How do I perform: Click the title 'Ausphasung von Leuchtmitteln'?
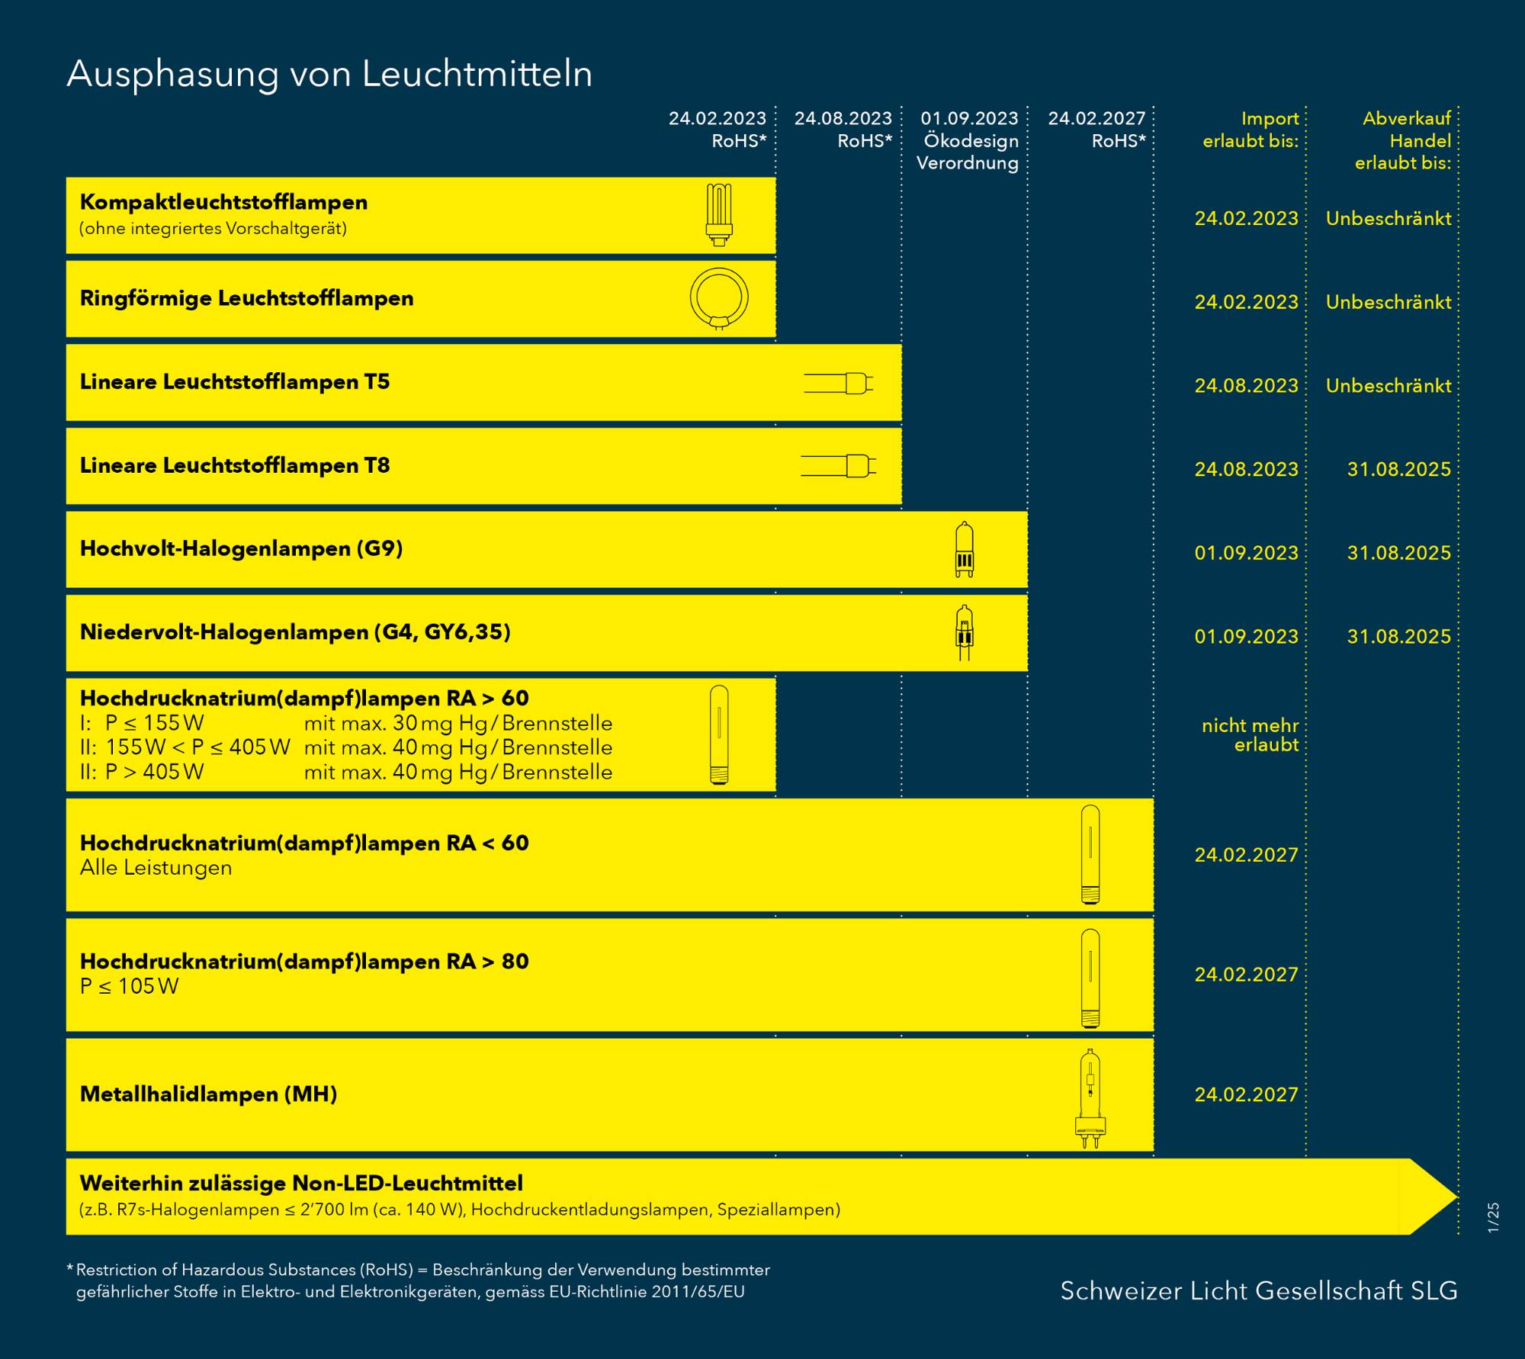coord(329,75)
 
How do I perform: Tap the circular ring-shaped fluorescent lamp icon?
coord(719,298)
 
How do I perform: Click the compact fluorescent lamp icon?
coord(718,214)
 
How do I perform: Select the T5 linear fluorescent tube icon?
coord(838,383)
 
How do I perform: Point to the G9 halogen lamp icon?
coord(965,549)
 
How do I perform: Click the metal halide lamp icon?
coord(1090,1097)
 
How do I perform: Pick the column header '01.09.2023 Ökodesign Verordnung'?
coord(968,140)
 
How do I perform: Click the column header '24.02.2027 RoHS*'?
coord(1096,129)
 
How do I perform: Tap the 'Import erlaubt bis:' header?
coord(1250,129)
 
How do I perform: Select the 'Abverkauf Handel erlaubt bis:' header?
coord(1403,140)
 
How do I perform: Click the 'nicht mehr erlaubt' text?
coord(1250,734)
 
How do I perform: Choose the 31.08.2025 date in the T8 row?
coord(1398,469)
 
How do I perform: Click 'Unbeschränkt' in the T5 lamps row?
coord(1389,386)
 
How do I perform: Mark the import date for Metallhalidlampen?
coord(1246,1094)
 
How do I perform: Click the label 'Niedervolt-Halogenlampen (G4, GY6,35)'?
coord(295,632)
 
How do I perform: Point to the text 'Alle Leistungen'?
coord(156,868)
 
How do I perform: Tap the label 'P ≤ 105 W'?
coord(130,986)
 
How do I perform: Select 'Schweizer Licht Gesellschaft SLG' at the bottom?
coord(1258,1290)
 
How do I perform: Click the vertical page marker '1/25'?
coord(1493,1216)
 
